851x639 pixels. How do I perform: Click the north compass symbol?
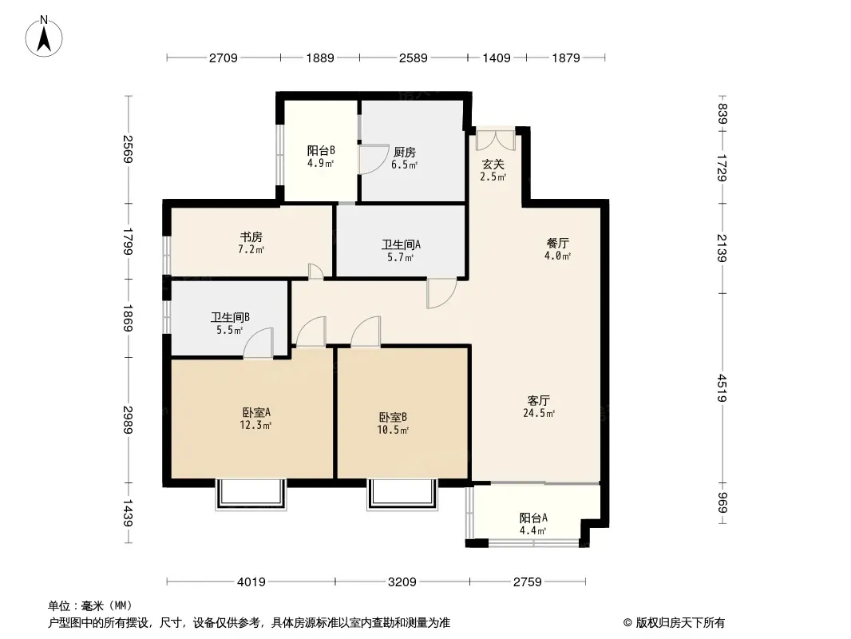coord(44,37)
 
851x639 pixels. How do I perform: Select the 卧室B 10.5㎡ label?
coord(393,423)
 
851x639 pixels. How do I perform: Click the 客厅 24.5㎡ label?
coord(539,407)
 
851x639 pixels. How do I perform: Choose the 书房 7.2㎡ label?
coord(251,244)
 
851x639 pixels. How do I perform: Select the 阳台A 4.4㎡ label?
coord(533,524)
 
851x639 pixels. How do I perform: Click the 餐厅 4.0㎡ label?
coord(558,249)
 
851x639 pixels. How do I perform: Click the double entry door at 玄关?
coord(496,140)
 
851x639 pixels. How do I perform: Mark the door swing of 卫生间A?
coord(441,294)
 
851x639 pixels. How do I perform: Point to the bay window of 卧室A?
coord(251,494)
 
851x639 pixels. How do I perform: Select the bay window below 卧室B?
coord(402,494)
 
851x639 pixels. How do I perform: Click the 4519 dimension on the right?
coord(722,387)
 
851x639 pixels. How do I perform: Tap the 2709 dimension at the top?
coord(224,58)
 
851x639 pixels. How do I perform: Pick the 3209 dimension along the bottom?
coord(402,582)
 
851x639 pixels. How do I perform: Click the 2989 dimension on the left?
coord(128,419)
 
